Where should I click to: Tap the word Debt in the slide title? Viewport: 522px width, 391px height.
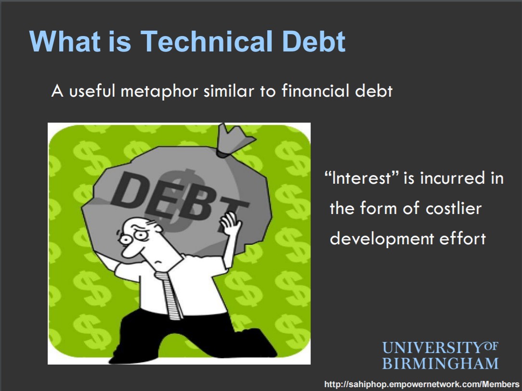point(313,41)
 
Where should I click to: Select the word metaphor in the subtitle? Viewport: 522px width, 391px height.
point(159,91)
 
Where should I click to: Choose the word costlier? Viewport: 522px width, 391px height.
point(454,208)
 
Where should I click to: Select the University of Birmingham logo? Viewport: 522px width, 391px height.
point(440,355)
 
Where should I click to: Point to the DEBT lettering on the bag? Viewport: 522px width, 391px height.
point(180,200)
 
